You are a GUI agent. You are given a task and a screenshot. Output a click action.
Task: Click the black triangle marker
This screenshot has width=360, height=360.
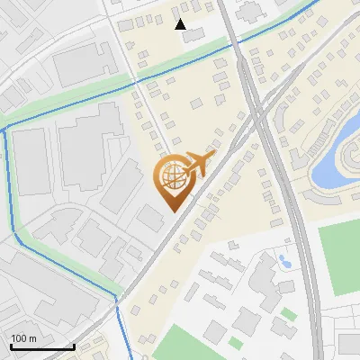point(181,24)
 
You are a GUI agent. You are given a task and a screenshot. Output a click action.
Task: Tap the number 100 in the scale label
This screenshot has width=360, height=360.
point(19,338)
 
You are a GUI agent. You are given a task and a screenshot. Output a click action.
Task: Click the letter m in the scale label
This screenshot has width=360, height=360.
point(32,338)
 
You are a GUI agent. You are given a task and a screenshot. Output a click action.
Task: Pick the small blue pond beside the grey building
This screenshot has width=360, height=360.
point(285,262)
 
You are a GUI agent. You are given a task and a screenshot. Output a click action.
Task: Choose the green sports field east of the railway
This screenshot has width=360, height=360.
point(338,256)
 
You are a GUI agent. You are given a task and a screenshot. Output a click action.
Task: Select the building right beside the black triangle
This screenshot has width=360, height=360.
point(194,32)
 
